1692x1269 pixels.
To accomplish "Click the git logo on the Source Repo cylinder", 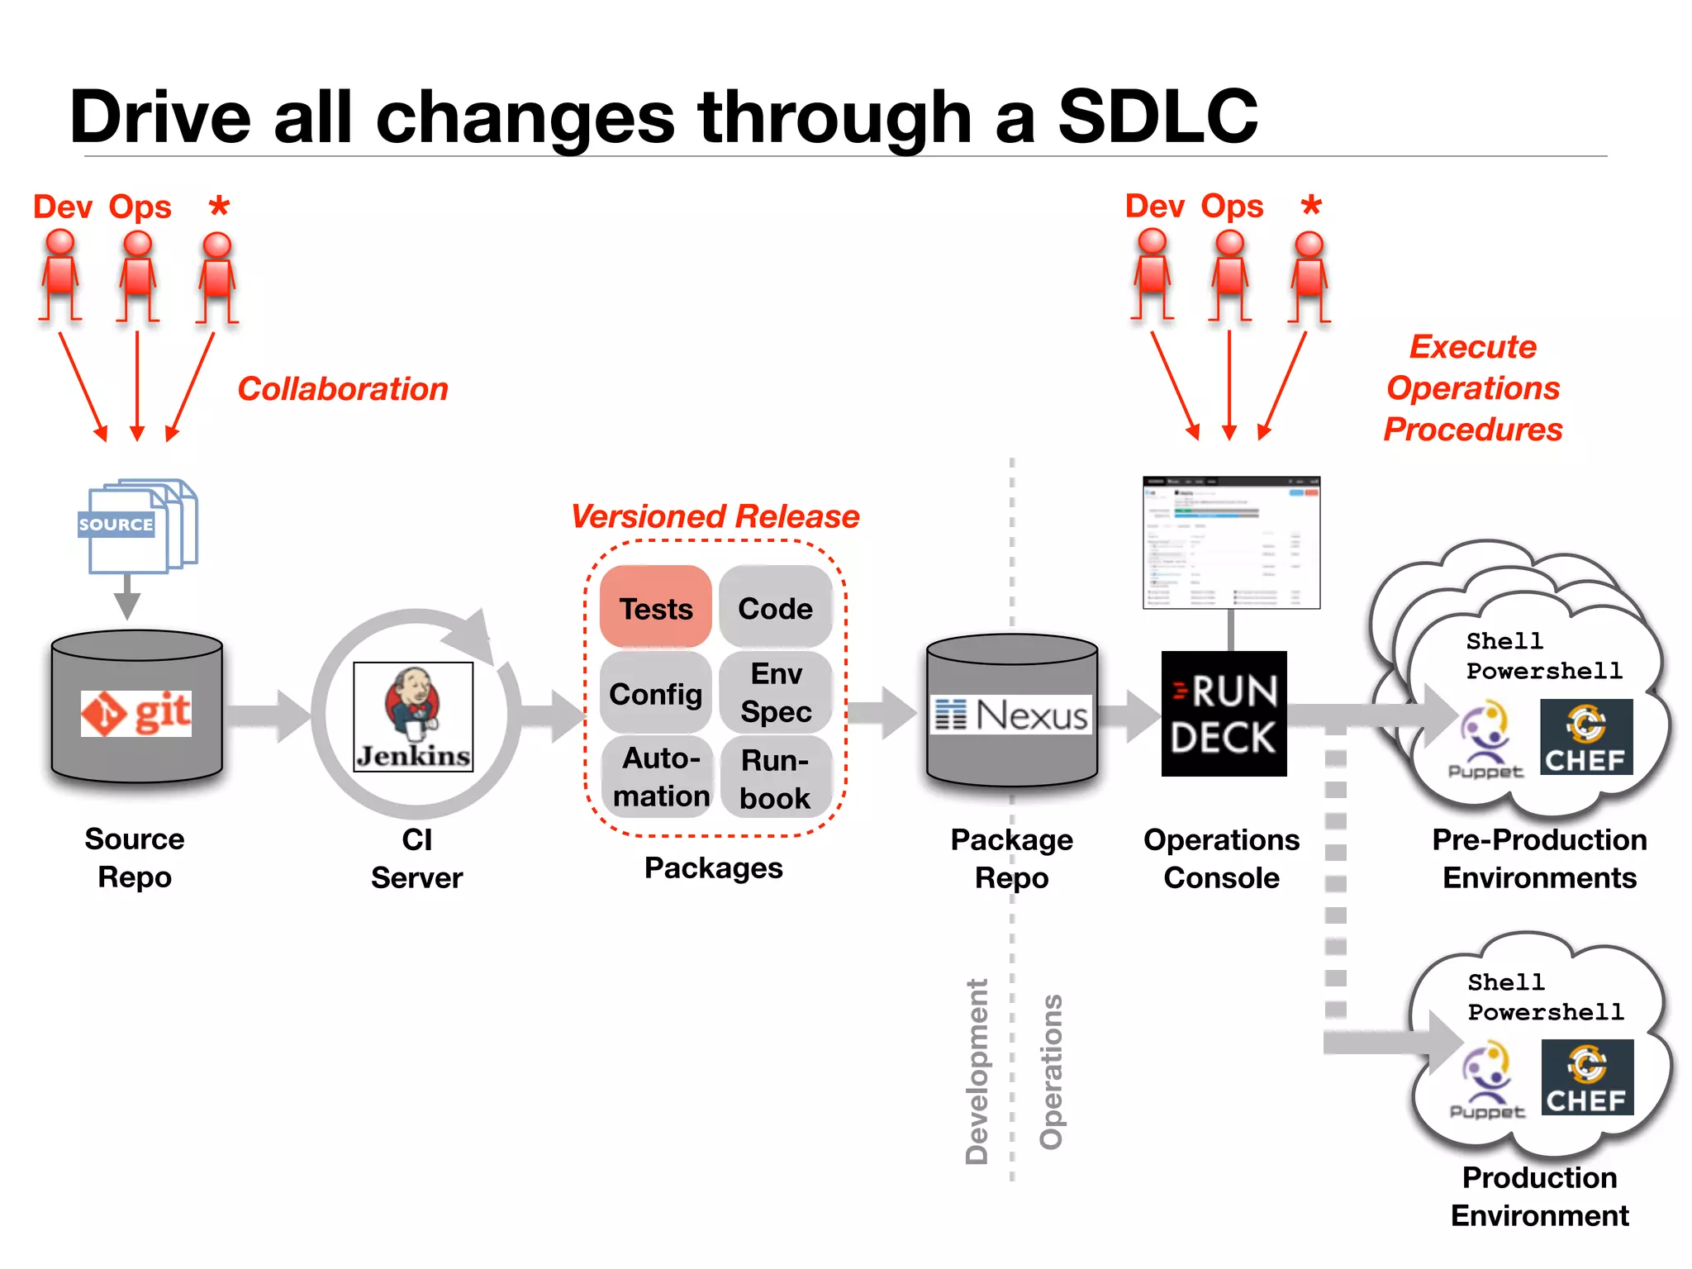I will pos(136,713).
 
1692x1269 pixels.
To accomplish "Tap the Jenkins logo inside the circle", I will pos(413,716).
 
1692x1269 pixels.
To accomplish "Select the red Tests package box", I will pos(656,607).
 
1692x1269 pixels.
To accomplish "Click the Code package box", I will pos(775,607).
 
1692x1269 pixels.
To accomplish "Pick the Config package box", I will pos(656,693).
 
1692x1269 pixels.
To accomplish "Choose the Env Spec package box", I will pos(775,692).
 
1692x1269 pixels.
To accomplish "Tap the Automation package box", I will pos(659,777).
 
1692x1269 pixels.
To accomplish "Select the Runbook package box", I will pos(775,778).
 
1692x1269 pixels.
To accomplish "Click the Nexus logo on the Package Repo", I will pos(1011,715).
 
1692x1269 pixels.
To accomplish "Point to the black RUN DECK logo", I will pos(1224,714).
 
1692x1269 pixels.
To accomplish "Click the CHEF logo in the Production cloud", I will pos(1586,1077).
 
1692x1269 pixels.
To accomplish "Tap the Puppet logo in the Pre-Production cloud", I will pos(1485,739).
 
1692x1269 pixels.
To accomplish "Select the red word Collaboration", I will pos(343,389).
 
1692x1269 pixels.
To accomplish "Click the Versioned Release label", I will pos(715,516).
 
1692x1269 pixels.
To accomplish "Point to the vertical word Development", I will pos(977,1071).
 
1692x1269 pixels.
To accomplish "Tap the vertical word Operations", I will pos(1051,1071).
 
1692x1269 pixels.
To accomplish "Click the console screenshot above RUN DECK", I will pos(1231,543).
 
